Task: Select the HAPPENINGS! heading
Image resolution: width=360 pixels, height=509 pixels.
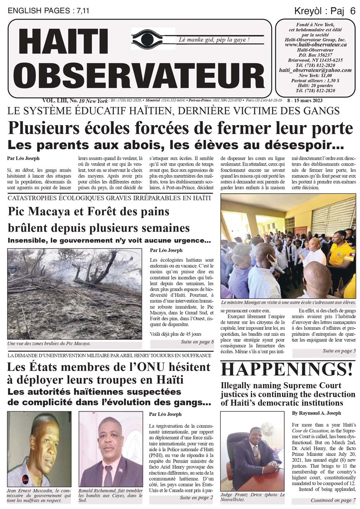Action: [287, 369]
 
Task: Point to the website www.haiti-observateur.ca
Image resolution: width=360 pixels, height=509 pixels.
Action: [316, 45]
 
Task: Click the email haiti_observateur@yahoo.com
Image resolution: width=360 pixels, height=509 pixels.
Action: [315, 70]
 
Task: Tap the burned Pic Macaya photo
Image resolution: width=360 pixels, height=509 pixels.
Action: [74, 294]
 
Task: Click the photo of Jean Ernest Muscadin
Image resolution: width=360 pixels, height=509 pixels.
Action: [39, 449]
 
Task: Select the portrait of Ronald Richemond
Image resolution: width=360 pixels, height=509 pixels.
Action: [111, 449]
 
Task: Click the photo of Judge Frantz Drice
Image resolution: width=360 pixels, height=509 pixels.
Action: [252, 451]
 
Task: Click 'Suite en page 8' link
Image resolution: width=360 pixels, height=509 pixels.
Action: [197, 342]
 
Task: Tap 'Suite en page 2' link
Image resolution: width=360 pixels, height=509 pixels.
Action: [196, 497]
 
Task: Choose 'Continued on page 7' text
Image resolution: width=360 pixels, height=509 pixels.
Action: [331, 500]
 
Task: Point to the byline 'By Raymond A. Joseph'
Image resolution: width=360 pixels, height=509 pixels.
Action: [316, 413]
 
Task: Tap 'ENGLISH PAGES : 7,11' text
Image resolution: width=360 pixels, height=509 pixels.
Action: [48, 11]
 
